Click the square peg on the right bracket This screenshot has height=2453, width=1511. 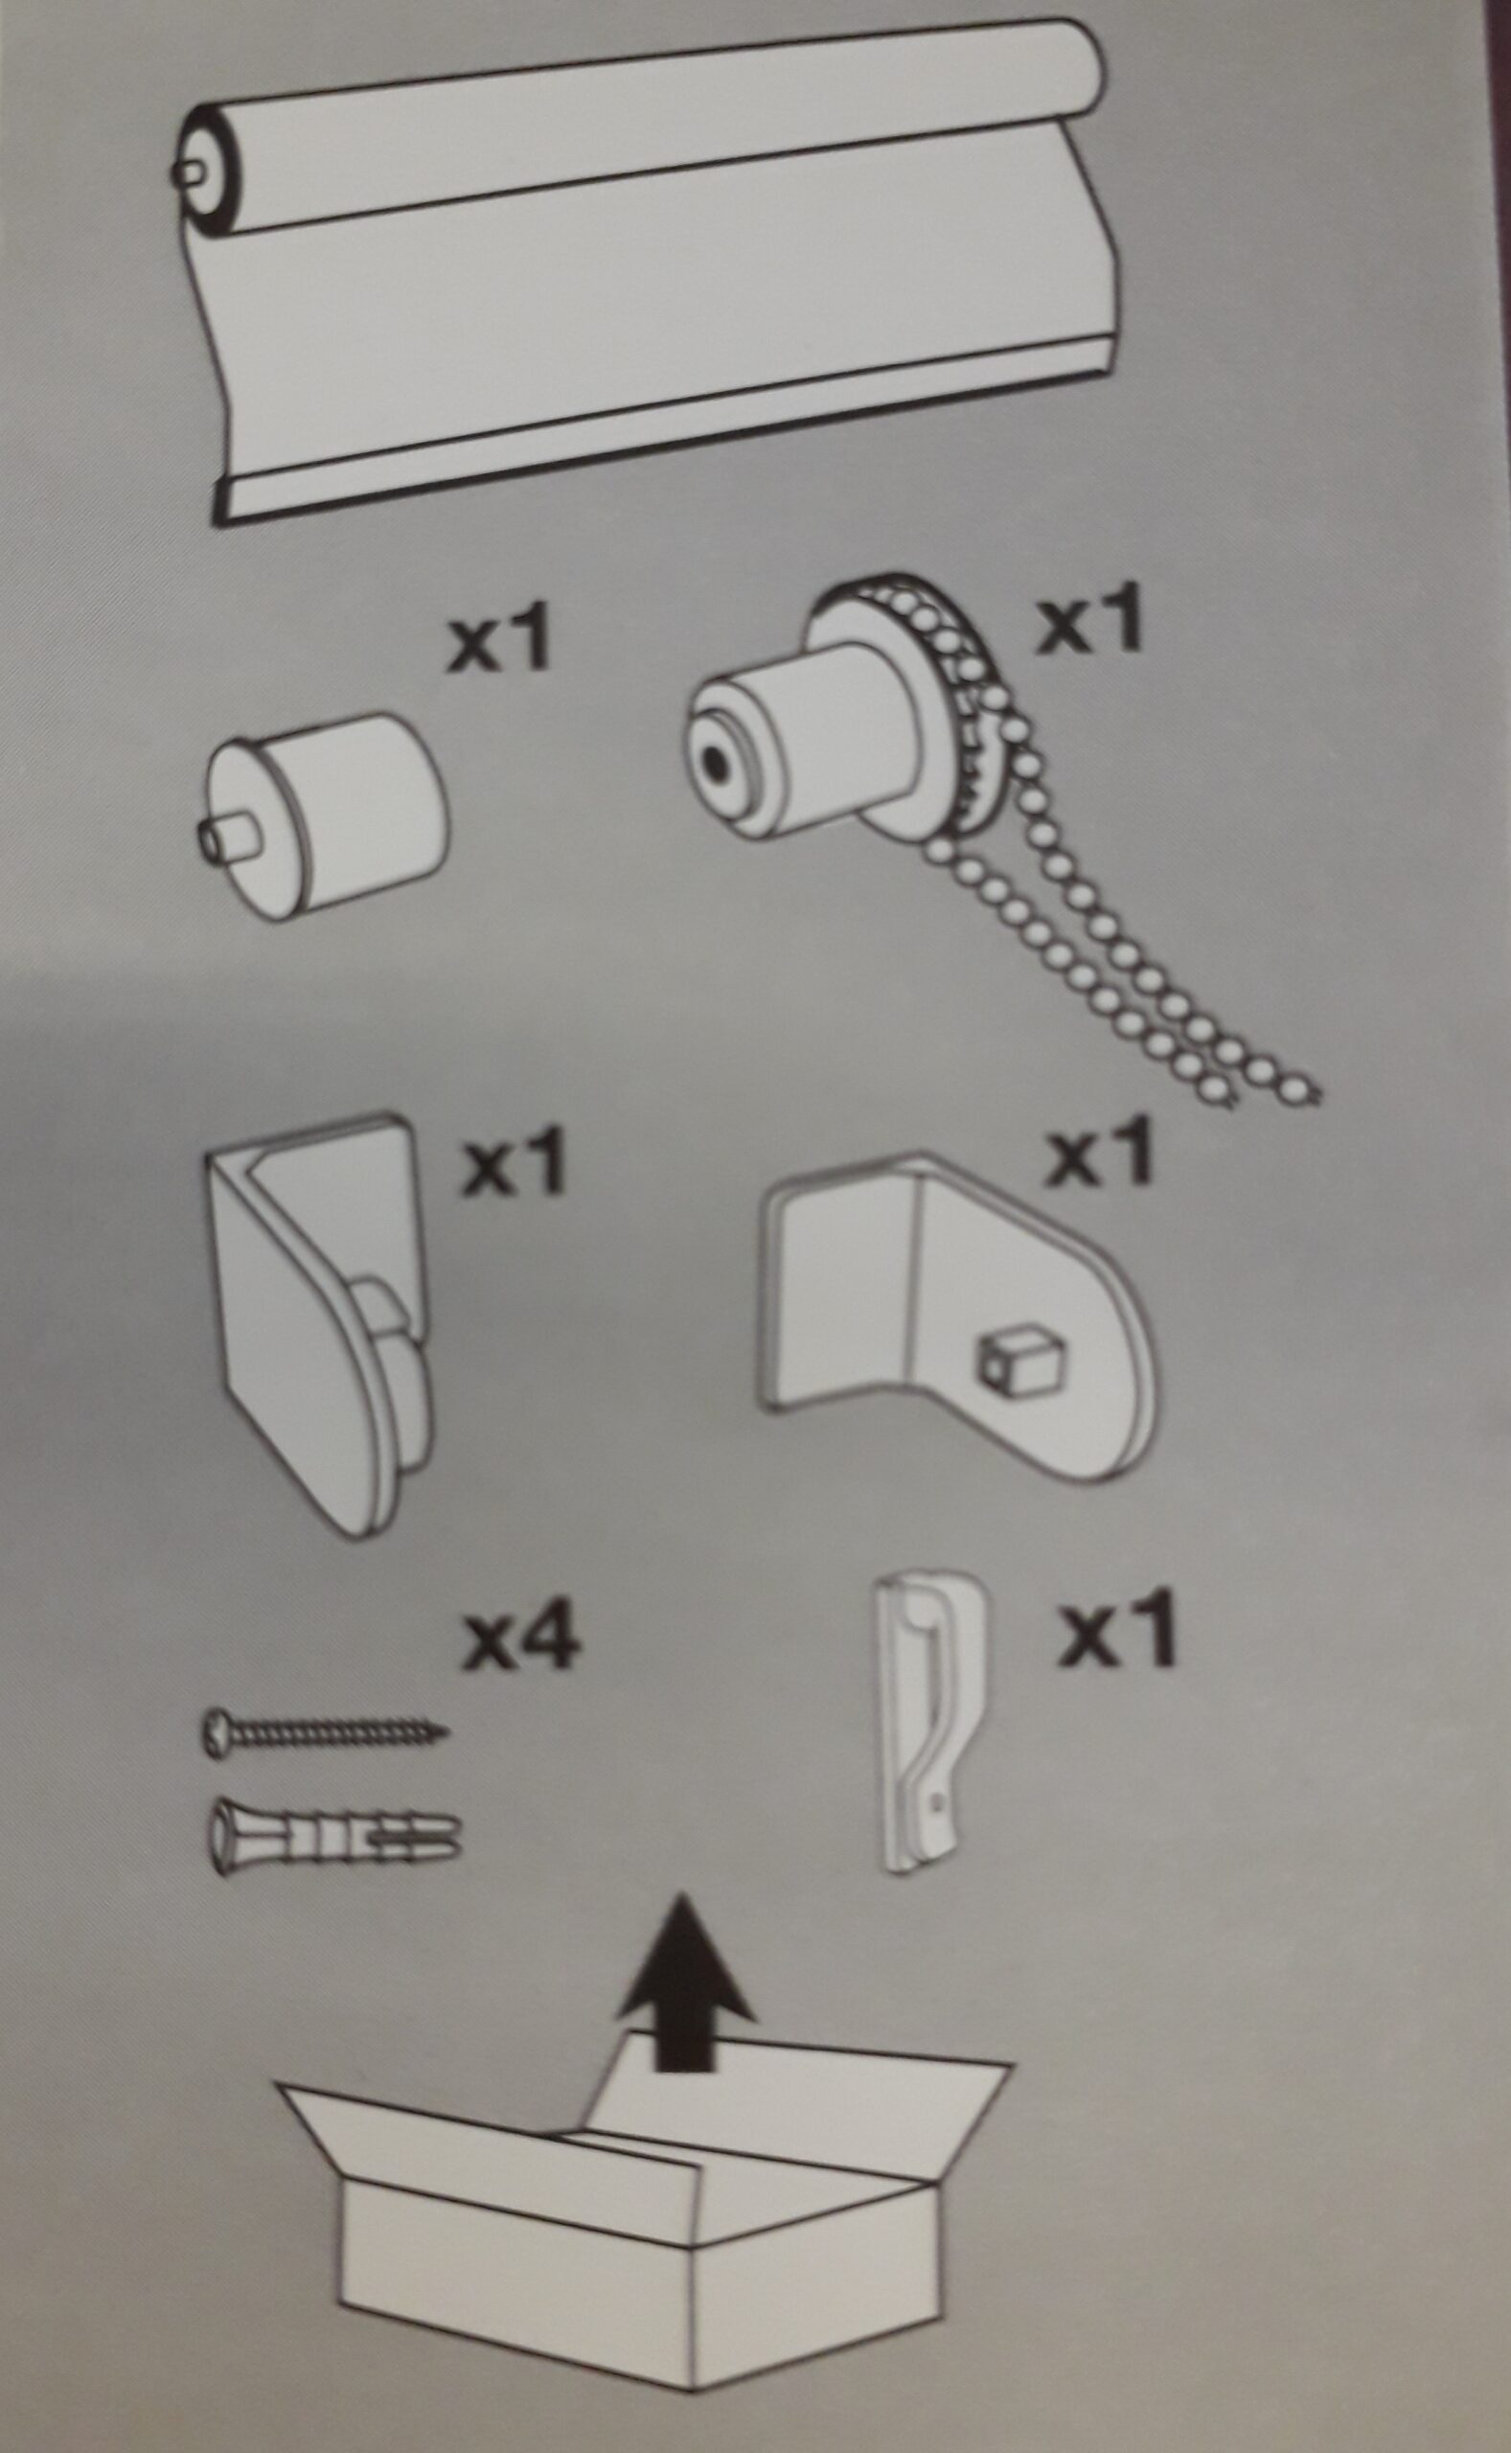coord(1017,1357)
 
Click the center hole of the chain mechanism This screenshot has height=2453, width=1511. coord(716,766)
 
